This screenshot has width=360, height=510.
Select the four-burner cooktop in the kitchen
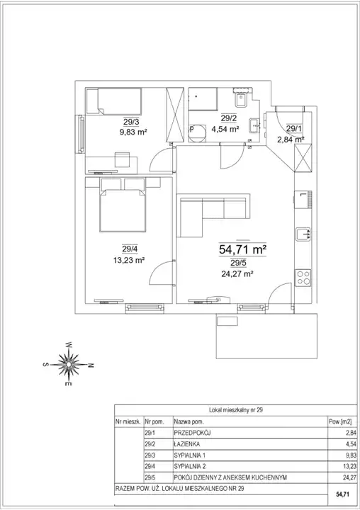coord(303,278)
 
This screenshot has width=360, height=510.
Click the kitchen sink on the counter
coord(303,234)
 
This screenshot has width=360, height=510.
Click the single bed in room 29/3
coord(114,101)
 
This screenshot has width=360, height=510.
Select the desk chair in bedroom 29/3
coord(123,159)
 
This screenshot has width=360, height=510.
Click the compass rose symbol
coord(69,364)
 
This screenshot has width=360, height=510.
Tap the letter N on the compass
coord(91,365)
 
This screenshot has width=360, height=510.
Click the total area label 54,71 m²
coord(243,250)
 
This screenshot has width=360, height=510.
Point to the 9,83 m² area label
coord(133,132)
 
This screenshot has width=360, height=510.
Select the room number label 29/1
coord(294,128)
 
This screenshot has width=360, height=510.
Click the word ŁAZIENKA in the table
coord(187,444)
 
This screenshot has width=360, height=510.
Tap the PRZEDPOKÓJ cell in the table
coord(192,433)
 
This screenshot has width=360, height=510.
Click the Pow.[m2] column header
coord(340,422)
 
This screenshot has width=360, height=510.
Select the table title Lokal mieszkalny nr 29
coord(236,410)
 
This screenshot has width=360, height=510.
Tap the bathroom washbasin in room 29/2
coord(254,125)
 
